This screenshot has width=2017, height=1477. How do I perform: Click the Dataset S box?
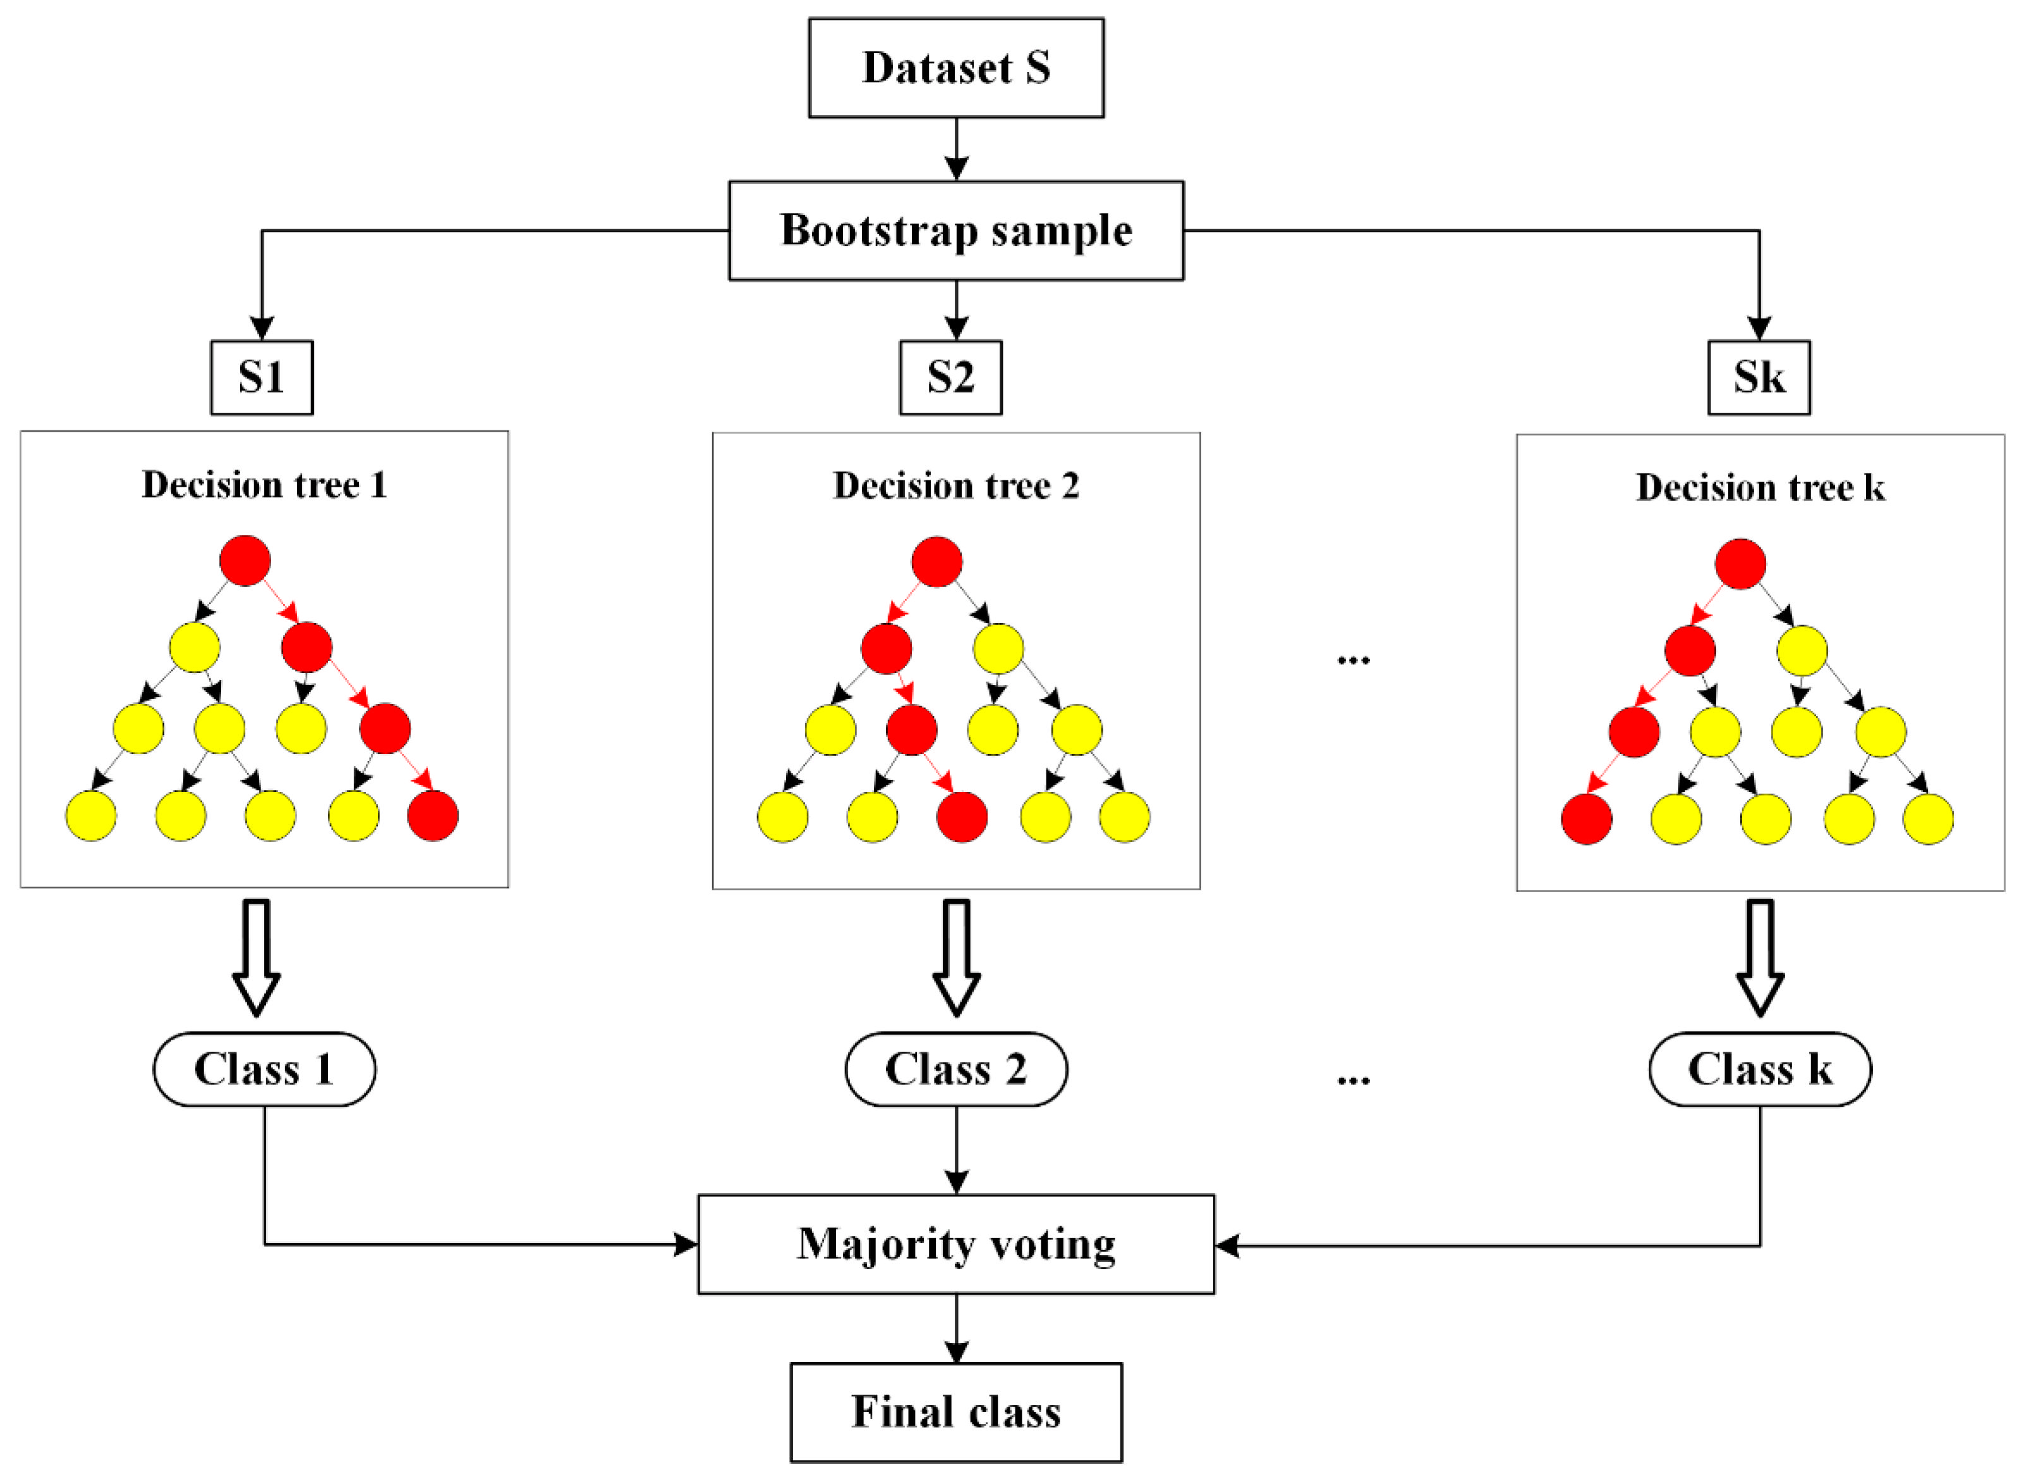point(955,68)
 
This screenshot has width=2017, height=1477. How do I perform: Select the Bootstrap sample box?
point(955,231)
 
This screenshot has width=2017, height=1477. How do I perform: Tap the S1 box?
point(262,377)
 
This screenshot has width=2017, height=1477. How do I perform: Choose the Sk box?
point(1758,377)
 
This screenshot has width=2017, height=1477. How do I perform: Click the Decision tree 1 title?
point(265,485)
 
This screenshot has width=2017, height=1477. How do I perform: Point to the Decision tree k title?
point(1760,487)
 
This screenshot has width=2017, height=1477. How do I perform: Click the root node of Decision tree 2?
point(936,561)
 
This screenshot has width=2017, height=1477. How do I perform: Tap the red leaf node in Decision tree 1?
point(433,815)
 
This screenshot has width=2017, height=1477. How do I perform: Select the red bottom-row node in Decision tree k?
point(1585,818)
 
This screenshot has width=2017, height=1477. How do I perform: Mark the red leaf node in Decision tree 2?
point(962,817)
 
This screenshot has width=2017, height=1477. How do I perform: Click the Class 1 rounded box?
point(265,1069)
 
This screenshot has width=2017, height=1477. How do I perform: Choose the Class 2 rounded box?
point(955,1069)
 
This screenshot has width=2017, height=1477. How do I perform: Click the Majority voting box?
point(955,1244)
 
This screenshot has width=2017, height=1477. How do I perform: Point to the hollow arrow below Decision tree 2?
point(956,957)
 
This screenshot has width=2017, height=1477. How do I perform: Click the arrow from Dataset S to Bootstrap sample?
point(956,150)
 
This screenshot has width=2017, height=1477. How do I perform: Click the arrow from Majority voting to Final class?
point(956,1328)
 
